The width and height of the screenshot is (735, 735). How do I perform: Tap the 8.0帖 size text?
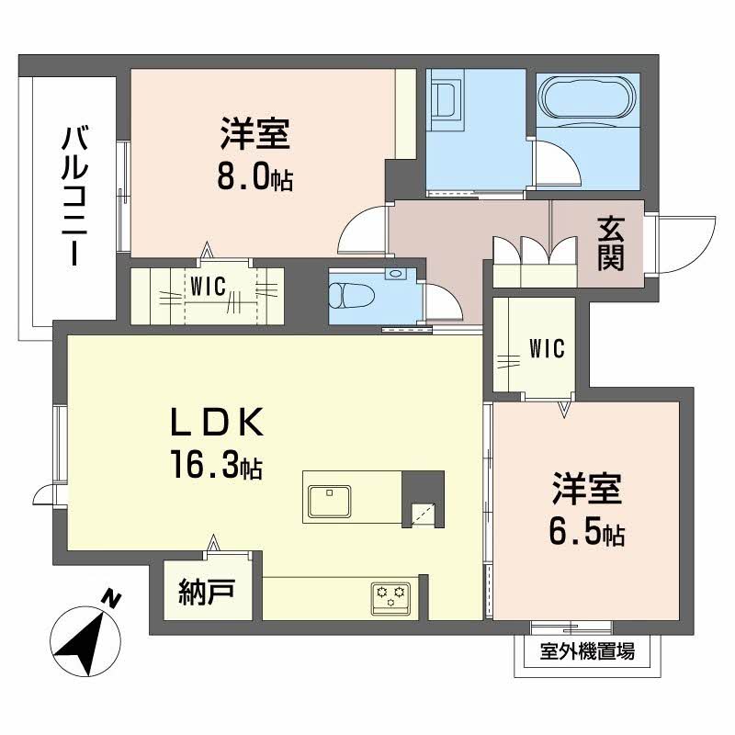click(x=256, y=176)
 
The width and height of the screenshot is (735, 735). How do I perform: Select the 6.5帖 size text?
click(x=589, y=533)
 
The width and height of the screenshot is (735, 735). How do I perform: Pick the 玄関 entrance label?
click(x=611, y=244)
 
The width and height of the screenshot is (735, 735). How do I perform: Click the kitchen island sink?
click(x=329, y=501)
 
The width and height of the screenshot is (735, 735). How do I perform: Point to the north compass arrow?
click(x=80, y=639)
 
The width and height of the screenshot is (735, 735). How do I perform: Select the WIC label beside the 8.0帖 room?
click(x=208, y=286)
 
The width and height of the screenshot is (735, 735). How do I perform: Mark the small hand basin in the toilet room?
click(x=396, y=273)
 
